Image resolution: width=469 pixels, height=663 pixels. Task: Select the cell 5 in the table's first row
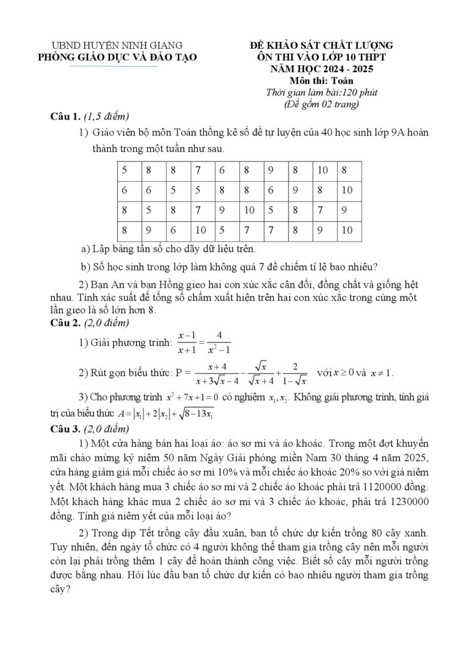pos(125,170)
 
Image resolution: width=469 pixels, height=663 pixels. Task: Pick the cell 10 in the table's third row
pos(249,210)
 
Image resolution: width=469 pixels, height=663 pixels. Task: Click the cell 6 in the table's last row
pos(173,230)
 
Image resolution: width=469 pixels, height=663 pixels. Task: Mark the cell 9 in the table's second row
pos(296,190)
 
